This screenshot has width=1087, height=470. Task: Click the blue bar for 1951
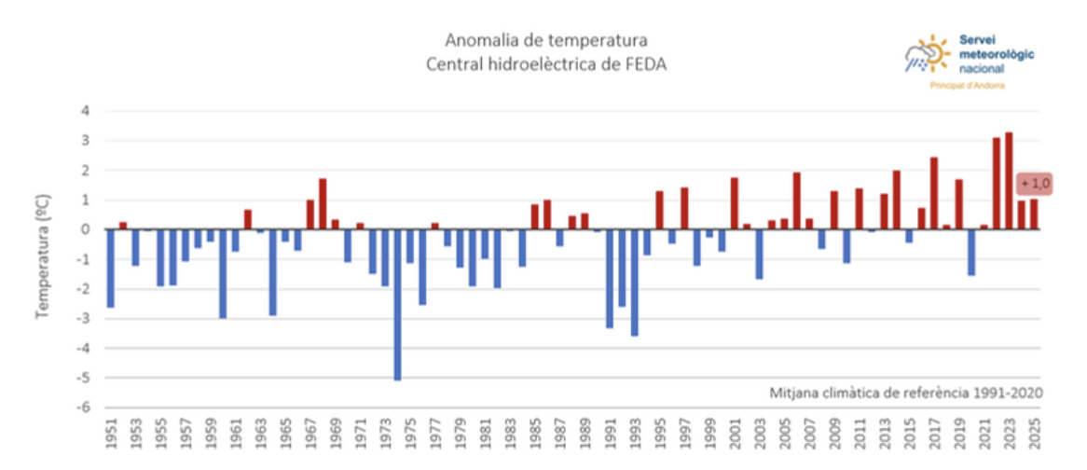tap(111, 268)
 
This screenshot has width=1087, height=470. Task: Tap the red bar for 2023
tap(1009, 181)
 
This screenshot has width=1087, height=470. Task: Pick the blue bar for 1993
tap(634, 282)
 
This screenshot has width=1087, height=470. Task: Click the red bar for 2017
tap(934, 193)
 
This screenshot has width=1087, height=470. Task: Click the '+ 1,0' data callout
tap(1034, 184)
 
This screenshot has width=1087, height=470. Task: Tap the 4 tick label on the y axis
tap(85, 111)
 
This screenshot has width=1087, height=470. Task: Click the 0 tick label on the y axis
tap(85, 229)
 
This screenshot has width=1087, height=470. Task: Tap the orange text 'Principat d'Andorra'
tap(967, 85)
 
